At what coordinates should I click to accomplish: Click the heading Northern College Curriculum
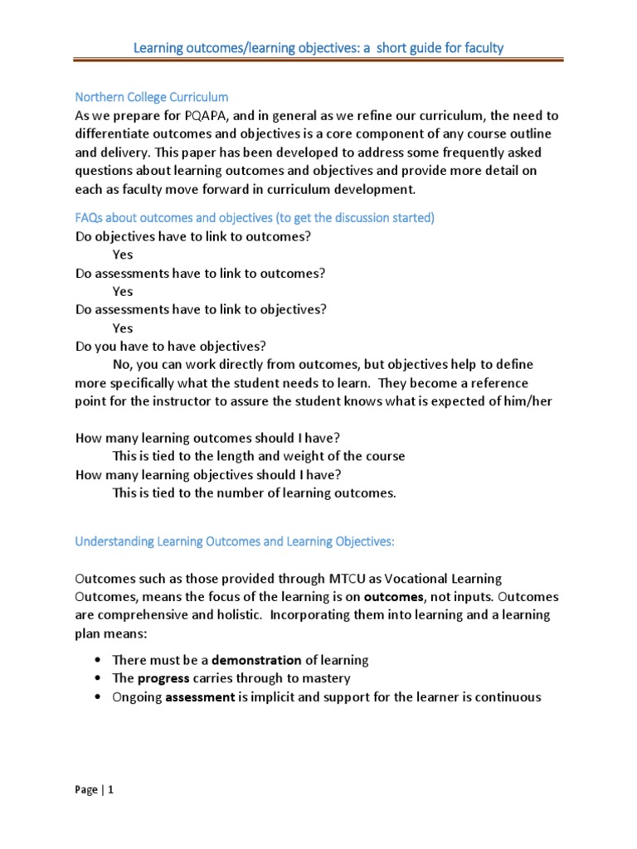point(152,97)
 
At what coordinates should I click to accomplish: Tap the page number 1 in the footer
point(110,790)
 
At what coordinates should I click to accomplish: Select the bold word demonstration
point(256,660)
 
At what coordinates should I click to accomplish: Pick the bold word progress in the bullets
point(163,678)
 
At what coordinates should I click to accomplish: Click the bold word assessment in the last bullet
point(200,696)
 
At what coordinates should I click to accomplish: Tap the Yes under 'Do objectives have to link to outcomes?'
point(123,255)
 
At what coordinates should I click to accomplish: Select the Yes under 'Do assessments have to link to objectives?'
point(123,327)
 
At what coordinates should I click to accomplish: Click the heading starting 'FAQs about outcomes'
point(255,217)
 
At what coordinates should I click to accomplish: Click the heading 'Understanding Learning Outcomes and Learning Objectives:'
point(236,541)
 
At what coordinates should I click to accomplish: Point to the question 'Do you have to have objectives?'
point(171,346)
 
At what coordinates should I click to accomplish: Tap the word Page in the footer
point(85,790)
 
